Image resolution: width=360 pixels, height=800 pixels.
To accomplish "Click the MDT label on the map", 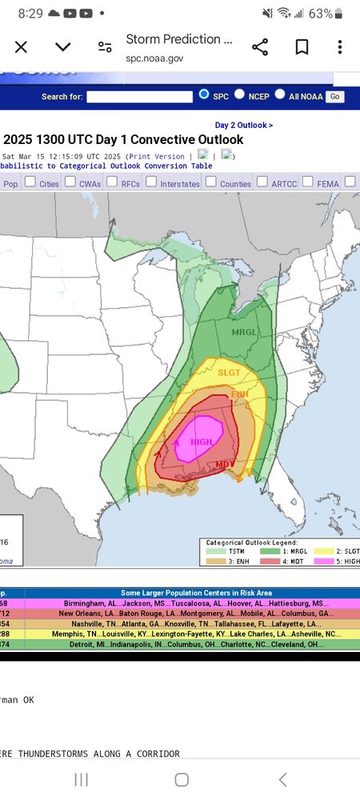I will (x=225, y=464).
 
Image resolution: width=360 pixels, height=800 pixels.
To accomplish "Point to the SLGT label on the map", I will (x=229, y=372).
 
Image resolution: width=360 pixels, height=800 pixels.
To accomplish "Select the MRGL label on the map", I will (x=245, y=331).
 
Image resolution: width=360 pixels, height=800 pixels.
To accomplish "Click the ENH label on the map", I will (x=240, y=394).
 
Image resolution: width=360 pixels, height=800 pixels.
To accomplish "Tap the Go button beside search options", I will (x=334, y=96).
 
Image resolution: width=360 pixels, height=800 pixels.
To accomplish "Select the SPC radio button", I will (x=204, y=95).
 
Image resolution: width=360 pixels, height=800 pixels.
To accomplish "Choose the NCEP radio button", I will (x=242, y=95).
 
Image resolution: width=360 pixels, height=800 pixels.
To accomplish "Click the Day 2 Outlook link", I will (x=244, y=125).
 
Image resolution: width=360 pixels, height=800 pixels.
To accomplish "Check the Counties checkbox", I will (x=211, y=182).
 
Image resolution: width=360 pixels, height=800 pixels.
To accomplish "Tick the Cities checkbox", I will (x=30, y=182).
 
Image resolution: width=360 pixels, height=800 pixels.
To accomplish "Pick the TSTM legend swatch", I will (x=217, y=551).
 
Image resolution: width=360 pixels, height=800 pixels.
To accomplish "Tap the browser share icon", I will (x=260, y=47).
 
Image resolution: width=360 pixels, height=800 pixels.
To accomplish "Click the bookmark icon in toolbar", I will (x=302, y=47).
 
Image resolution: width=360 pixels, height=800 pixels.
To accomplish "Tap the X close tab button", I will (x=22, y=47).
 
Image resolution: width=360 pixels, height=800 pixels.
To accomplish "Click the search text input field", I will (x=140, y=96).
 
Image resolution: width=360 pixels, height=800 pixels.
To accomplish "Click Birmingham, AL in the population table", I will (x=82, y=603).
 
